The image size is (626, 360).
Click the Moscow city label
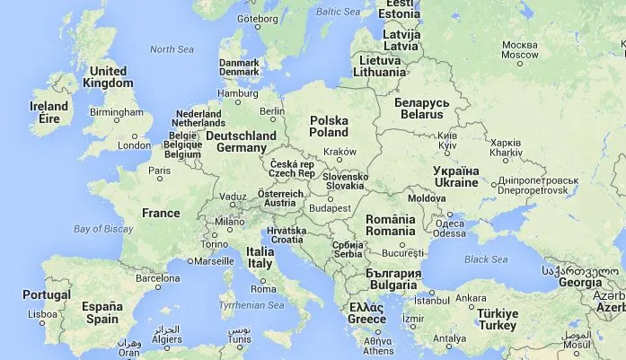coord(520,49)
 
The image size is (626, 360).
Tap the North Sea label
coord(172,49)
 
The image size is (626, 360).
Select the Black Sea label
coord(486,259)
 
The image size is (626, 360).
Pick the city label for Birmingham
coord(116,112)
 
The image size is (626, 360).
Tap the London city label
coord(134,145)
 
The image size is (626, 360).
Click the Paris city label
coord(159,171)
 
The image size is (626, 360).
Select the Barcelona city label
coord(157,278)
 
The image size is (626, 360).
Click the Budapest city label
coord(329,208)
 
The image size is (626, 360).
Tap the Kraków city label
coord(339,152)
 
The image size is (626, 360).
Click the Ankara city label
coord(471,298)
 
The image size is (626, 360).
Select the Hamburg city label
coord(238,93)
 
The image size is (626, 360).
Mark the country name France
coord(161,214)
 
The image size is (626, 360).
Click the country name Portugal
coord(47,294)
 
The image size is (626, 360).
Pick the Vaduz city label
coord(233,197)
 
